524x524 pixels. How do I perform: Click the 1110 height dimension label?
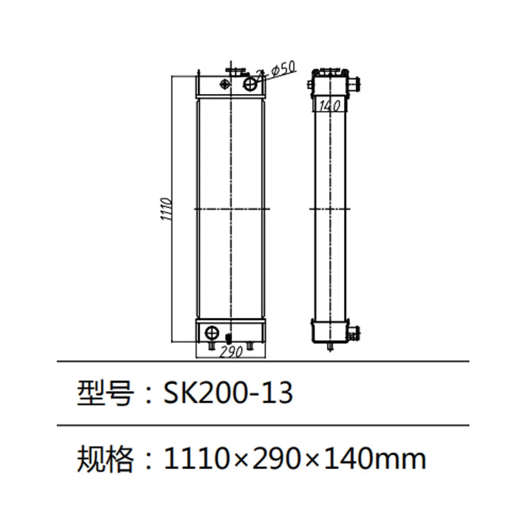click(x=167, y=209)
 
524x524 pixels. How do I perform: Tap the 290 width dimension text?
click(x=231, y=352)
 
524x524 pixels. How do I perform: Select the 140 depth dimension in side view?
click(x=330, y=106)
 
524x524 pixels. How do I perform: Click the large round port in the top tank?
click(x=251, y=83)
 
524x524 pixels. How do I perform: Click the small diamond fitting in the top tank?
click(x=225, y=84)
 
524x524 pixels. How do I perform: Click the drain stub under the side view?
click(x=331, y=347)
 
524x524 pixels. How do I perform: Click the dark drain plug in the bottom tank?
click(x=227, y=338)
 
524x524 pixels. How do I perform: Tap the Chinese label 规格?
click(x=105, y=459)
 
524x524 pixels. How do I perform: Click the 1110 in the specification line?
click(x=196, y=459)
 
